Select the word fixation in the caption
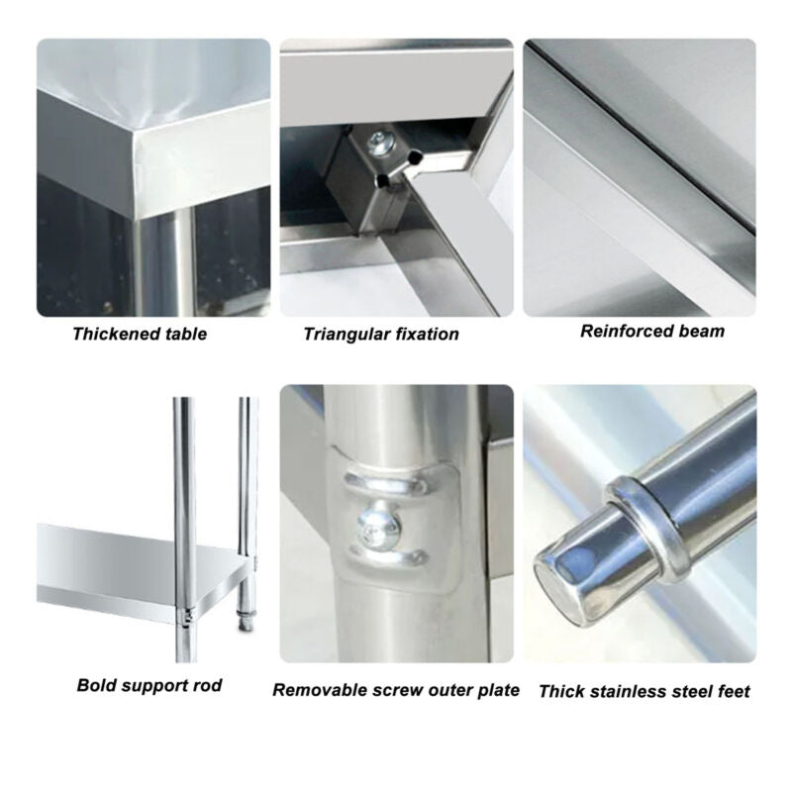click(x=426, y=335)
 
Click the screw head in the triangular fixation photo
click(x=379, y=142)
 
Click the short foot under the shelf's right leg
click(x=246, y=620)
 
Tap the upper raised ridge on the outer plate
click(x=383, y=483)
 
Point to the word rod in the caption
click(x=207, y=685)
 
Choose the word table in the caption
click(x=186, y=334)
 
